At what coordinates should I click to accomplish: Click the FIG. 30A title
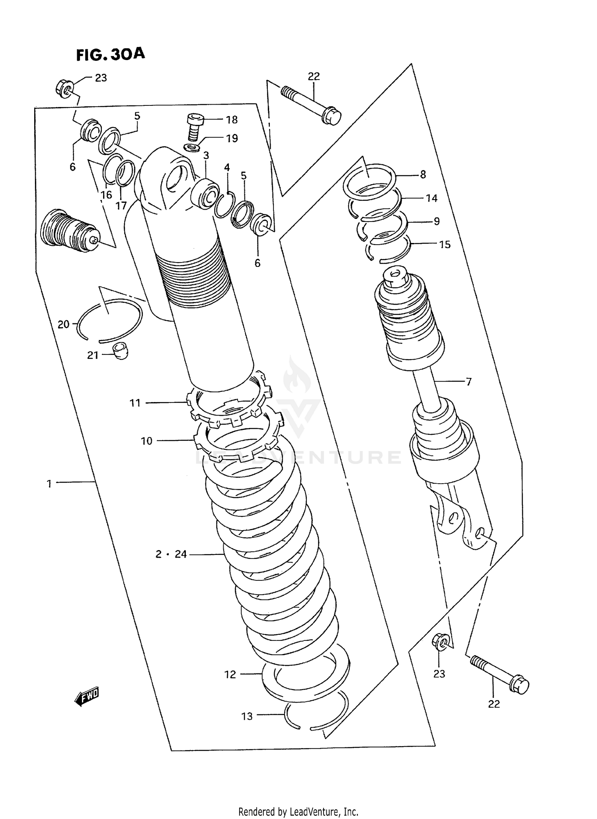[x=110, y=54]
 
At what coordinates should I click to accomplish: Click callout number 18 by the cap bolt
[x=232, y=120]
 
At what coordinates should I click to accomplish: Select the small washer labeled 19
[x=192, y=148]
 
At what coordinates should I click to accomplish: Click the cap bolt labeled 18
[x=195, y=126]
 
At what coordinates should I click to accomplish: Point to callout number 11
[x=135, y=403]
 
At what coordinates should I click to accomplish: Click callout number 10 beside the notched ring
[x=146, y=441]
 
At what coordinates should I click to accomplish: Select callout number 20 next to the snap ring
[x=64, y=325]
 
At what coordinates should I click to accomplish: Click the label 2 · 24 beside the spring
[x=171, y=554]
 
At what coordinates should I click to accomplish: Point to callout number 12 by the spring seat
[x=230, y=674]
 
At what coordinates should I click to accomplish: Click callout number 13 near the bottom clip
[x=247, y=716]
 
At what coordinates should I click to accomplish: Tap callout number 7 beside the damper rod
[x=468, y=382]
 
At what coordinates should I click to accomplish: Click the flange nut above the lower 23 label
[x=441, y=642]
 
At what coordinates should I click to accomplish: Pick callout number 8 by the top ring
[x=423, y=174]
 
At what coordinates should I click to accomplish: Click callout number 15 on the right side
[x=445, y=245]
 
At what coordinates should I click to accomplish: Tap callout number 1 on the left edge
[x=49, y=484]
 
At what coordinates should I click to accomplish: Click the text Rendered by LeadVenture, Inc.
[x=298, y=811]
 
